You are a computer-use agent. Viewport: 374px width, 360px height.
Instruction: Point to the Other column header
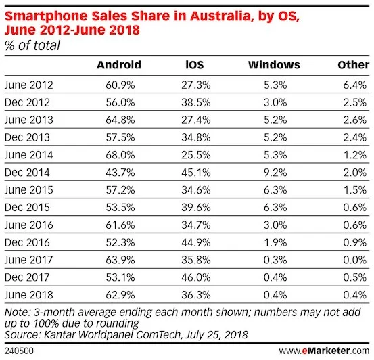(352, 65)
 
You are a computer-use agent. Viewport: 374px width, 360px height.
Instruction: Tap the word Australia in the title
(221, 16)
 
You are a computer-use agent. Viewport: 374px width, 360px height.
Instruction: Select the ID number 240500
(20, 351)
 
